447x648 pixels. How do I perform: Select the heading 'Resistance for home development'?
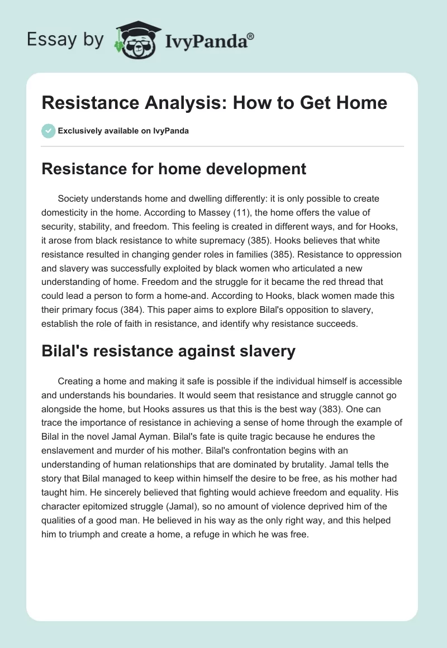point(174,169)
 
